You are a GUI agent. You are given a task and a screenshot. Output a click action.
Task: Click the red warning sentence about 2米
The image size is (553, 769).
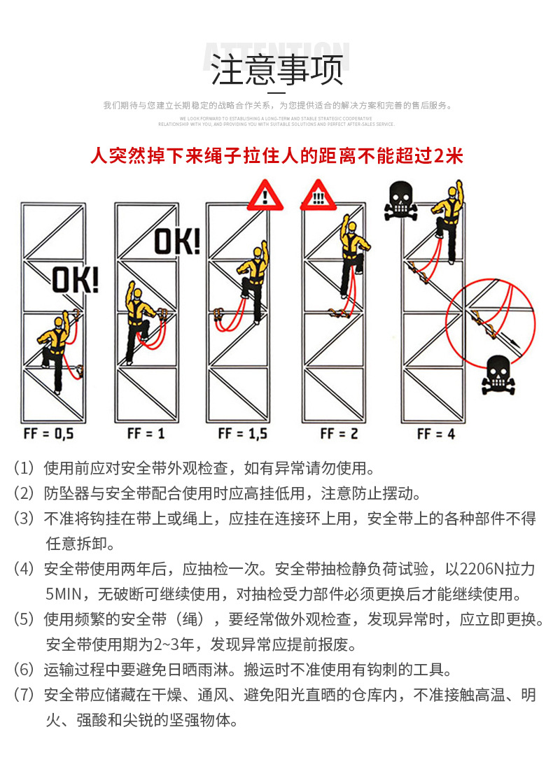[276, 155]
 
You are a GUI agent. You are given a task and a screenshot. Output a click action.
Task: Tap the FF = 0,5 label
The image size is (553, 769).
[48, 434]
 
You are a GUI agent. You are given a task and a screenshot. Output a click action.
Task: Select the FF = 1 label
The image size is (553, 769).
[146, 434]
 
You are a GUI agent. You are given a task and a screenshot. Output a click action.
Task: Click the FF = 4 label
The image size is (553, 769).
[435, 434]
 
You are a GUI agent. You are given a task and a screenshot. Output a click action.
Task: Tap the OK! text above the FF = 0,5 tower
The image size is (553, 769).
[76, 281]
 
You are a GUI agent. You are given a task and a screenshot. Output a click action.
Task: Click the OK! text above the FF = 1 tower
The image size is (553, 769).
[177, 241]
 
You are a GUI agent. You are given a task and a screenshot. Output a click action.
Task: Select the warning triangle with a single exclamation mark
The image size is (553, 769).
[267, 195]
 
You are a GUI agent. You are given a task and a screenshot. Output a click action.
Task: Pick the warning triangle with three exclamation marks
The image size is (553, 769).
[318, 195]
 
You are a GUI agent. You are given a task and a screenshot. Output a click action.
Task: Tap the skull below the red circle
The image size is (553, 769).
[498, 374]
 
